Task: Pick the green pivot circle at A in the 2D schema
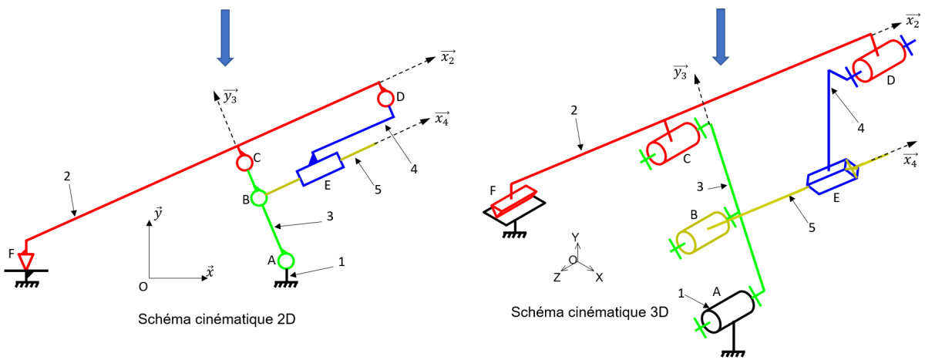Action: pos(286,261)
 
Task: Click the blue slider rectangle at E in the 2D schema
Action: pos(321,170)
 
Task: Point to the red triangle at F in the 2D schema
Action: pos(26,261)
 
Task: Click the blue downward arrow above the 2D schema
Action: pos(225,38)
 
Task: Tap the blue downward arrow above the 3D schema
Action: pos(721,37)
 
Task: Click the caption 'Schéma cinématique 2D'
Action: pos(217,319)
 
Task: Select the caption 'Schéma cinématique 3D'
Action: pos(590,311)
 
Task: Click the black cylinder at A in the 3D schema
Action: pos(728,311)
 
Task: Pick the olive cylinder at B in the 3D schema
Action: pos(703,234)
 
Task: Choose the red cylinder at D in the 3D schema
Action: pos(880,61)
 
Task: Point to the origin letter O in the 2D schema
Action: pos(143,287)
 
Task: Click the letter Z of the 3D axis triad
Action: pos(557,278)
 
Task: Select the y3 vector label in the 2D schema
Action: pos(230,96)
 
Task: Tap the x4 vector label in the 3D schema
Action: pos(910,160)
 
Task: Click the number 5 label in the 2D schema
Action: pos(378,190)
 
